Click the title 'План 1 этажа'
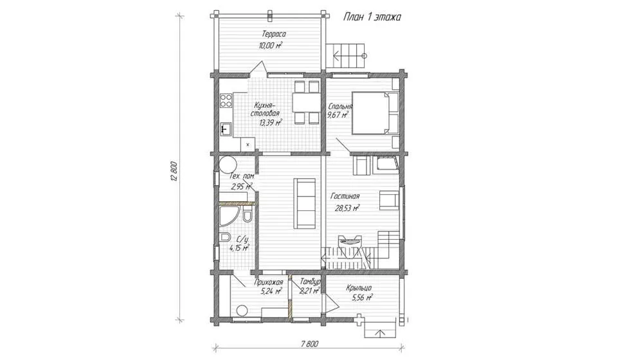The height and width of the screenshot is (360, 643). [x=372, y=17]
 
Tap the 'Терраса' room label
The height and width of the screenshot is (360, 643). [x=273, y=35]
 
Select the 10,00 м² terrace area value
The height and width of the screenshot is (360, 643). [x=271, y=46]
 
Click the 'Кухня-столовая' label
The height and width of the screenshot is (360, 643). [x=266, y=109]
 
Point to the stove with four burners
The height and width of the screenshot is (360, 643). [x=226, y=100]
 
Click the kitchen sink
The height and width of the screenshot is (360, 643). [x=226, y=130]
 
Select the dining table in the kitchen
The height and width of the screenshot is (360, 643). [x=306, y=102]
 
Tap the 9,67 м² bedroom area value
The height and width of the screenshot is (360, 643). [x=338, y=115]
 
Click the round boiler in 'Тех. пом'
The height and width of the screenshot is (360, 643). [x=227, y=165]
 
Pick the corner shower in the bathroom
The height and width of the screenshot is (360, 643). [x=227, y=217]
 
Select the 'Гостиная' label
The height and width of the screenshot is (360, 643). [x=345, y=197]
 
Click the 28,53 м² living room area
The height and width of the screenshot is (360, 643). [x=347, y=208]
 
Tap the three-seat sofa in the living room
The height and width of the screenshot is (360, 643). [x=305, y=203]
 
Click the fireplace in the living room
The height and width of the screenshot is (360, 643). [x=349, y=241]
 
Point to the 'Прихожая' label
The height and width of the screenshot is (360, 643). [x=269, y=282]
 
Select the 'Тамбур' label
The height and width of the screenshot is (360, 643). [x=310, y=282]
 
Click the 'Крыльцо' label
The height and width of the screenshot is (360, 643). [x=358, y=287]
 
